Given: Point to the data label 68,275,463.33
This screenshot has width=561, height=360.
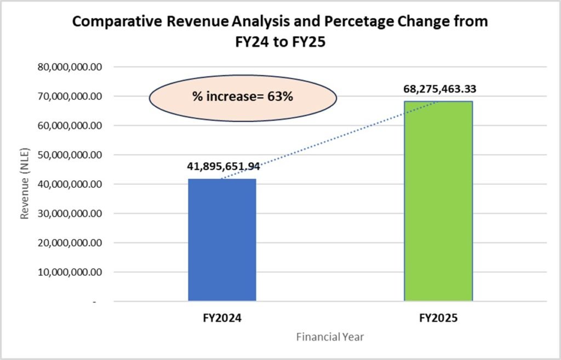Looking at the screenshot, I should coord(438,89).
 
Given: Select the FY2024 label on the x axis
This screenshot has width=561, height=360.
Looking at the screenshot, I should coord(222,317).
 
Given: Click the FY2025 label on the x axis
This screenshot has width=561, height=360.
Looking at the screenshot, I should coord(438,317).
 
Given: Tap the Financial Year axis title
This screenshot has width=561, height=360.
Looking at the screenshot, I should coord(330,337).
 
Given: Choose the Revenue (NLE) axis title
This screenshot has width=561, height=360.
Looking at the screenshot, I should coord(25,184).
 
